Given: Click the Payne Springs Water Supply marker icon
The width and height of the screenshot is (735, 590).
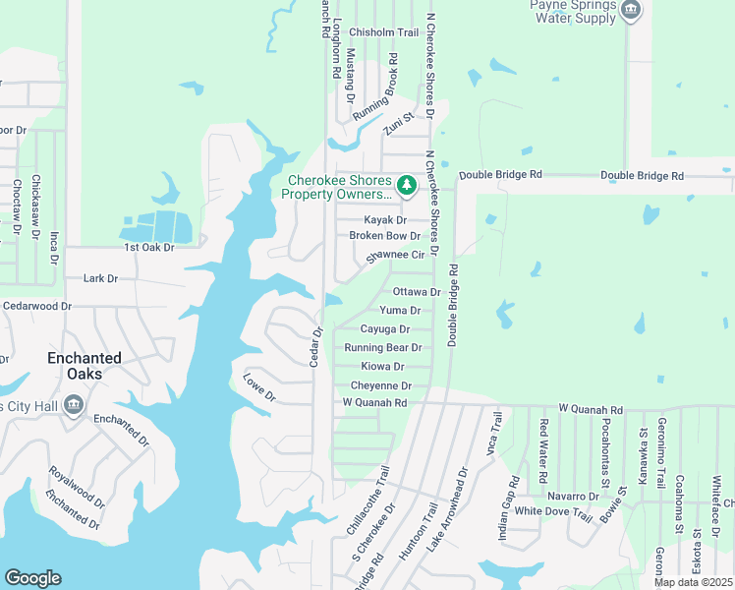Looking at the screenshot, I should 631,12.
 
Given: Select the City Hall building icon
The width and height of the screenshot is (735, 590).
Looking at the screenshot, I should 73,404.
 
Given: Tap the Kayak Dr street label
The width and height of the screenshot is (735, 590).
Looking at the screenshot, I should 385,219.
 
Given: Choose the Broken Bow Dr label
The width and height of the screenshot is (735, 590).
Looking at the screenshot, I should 384,236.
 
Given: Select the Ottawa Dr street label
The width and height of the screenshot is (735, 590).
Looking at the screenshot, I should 416,292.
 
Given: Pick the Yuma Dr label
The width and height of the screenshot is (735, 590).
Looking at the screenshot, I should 400,311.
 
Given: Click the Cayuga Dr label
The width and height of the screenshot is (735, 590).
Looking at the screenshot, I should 384,329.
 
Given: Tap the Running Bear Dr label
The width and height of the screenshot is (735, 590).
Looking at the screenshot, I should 383,348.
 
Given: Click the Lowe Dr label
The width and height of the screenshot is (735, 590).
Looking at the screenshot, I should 259,387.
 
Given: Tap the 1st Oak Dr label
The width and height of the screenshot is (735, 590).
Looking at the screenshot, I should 148,247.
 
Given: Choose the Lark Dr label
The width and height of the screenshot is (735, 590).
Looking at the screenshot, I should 100,278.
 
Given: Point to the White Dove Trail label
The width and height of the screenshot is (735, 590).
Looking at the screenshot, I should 554,512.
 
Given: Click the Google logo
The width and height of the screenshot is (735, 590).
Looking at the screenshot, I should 32,578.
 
